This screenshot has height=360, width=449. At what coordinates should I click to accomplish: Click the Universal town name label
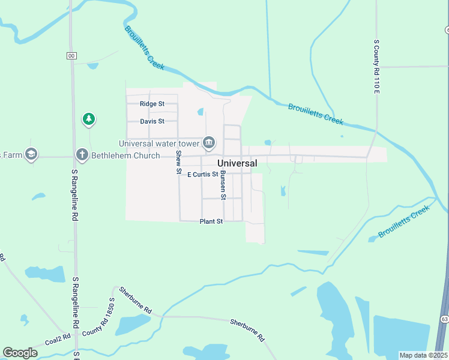pos(237,163)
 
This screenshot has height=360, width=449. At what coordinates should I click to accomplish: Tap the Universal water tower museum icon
pos(209,142)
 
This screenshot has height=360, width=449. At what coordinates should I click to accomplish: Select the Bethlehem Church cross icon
pos(82,155)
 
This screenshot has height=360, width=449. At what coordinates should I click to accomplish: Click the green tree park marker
pos(89,119)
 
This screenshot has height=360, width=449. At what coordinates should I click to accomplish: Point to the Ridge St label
pos(152,104)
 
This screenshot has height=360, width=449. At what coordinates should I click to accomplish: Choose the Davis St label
pos(152,121)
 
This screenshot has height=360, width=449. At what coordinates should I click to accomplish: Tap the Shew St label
pos(179,162)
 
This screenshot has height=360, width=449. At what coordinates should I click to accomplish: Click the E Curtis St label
pos(202,175)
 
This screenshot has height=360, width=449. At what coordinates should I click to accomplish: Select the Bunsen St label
pos(223,185)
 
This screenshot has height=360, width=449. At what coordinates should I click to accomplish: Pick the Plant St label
pos(211,221)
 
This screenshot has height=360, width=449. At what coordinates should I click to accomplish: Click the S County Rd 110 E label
pos(377,67)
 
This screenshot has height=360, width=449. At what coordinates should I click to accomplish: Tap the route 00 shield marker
pos(71,56)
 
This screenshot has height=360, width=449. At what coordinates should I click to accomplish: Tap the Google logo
pos(20,353)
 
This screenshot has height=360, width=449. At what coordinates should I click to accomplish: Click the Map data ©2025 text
pos(423,355)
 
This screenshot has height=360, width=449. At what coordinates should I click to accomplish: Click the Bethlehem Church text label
pos(125,156)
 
